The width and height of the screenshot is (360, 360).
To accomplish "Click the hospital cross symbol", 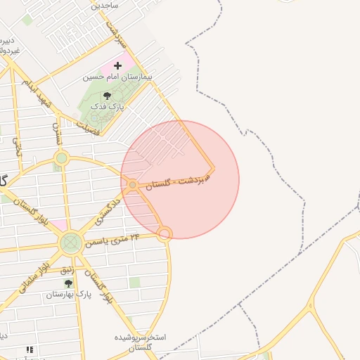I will (x=117, y=66).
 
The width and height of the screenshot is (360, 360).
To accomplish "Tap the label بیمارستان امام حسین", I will (x=119, y=77).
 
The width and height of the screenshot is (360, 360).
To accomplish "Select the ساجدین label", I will (x=105, y=5).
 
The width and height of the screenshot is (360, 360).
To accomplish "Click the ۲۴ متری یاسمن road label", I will (x=112, y=240).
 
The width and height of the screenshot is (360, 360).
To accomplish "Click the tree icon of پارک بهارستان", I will (x=68, y=283).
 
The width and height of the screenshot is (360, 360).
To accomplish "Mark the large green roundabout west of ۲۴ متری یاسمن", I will (x=70, y=243).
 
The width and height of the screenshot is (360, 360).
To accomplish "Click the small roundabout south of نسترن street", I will (x=62, y=158).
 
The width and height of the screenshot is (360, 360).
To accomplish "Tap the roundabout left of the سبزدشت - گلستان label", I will (x=133, y=185).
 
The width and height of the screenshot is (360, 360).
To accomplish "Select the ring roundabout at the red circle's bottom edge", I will (x=165, y=233).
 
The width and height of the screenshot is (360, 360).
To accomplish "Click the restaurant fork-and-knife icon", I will (x=30, y=349).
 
